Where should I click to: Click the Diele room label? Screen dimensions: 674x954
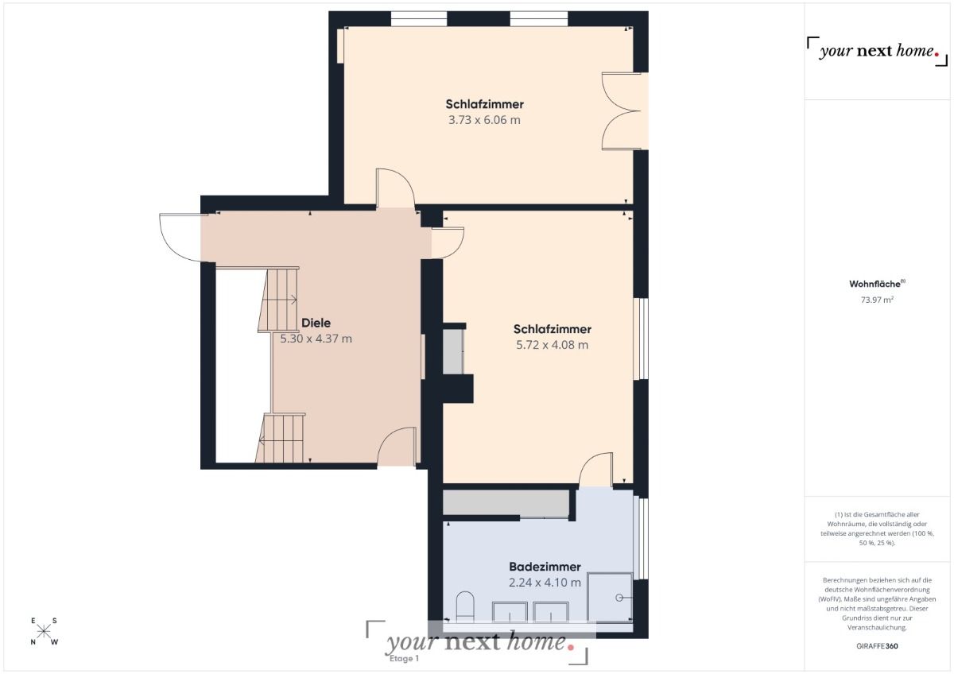pos(316,323)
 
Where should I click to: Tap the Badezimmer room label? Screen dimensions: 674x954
pos(545,567)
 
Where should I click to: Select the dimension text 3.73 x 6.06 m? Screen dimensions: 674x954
pos(484,120)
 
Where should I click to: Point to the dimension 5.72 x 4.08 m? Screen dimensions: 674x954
pos(553,345)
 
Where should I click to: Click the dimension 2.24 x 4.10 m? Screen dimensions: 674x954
pos(545,583)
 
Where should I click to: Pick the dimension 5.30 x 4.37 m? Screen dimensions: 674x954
pos(316,339)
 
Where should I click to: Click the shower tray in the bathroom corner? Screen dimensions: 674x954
pos(610,597)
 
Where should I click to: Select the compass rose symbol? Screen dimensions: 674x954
pos(45,632)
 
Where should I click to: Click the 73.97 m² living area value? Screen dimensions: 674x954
pos(877,300)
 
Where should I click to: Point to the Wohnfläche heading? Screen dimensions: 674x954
pos(877,284)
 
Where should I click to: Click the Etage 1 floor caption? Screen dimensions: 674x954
pos(404,658)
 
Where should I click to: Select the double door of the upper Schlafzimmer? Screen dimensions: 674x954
pos(623,110)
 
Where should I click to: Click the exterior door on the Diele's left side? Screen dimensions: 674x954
pos(180,237)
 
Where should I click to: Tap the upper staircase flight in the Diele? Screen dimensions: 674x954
pos(277,300)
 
